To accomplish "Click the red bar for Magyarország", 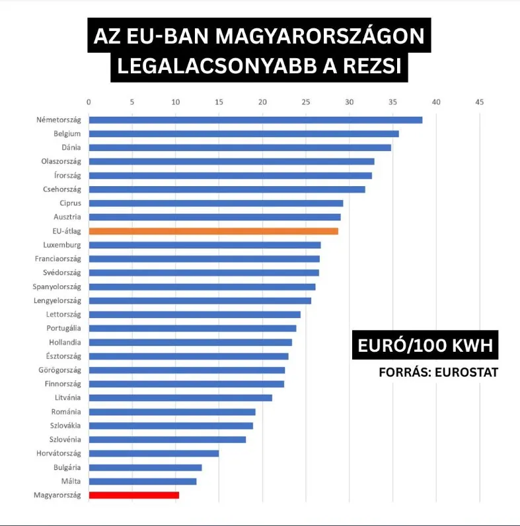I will [133, 495].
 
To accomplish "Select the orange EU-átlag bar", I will [213, 231].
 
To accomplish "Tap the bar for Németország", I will [255, 120].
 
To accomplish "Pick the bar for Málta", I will [143, 481].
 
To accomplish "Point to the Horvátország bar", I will [153, 453].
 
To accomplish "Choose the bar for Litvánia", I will [180, 397].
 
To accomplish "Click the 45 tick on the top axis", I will [479, 102].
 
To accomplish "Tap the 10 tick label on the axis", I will [175, 102].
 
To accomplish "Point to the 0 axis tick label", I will [89, 102].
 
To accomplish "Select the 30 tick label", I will [349, 102].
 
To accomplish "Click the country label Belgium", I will [67, 134].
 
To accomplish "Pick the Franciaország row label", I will [58, 259].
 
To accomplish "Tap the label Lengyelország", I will [57, 300].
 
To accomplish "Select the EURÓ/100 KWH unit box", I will [424, 346].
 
